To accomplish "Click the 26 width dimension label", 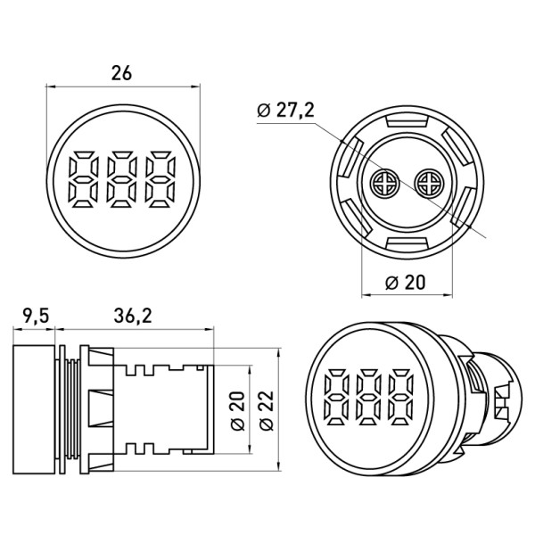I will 121,73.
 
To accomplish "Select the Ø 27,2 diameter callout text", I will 284,111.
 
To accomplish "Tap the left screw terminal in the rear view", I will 384,184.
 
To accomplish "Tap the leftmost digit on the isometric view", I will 341,396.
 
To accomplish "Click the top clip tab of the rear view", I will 406,119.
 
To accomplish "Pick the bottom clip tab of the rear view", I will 406,247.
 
